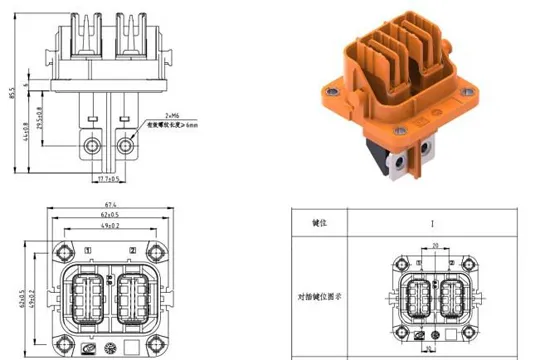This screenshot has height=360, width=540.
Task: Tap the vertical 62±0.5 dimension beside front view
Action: [x=23, y=297]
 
